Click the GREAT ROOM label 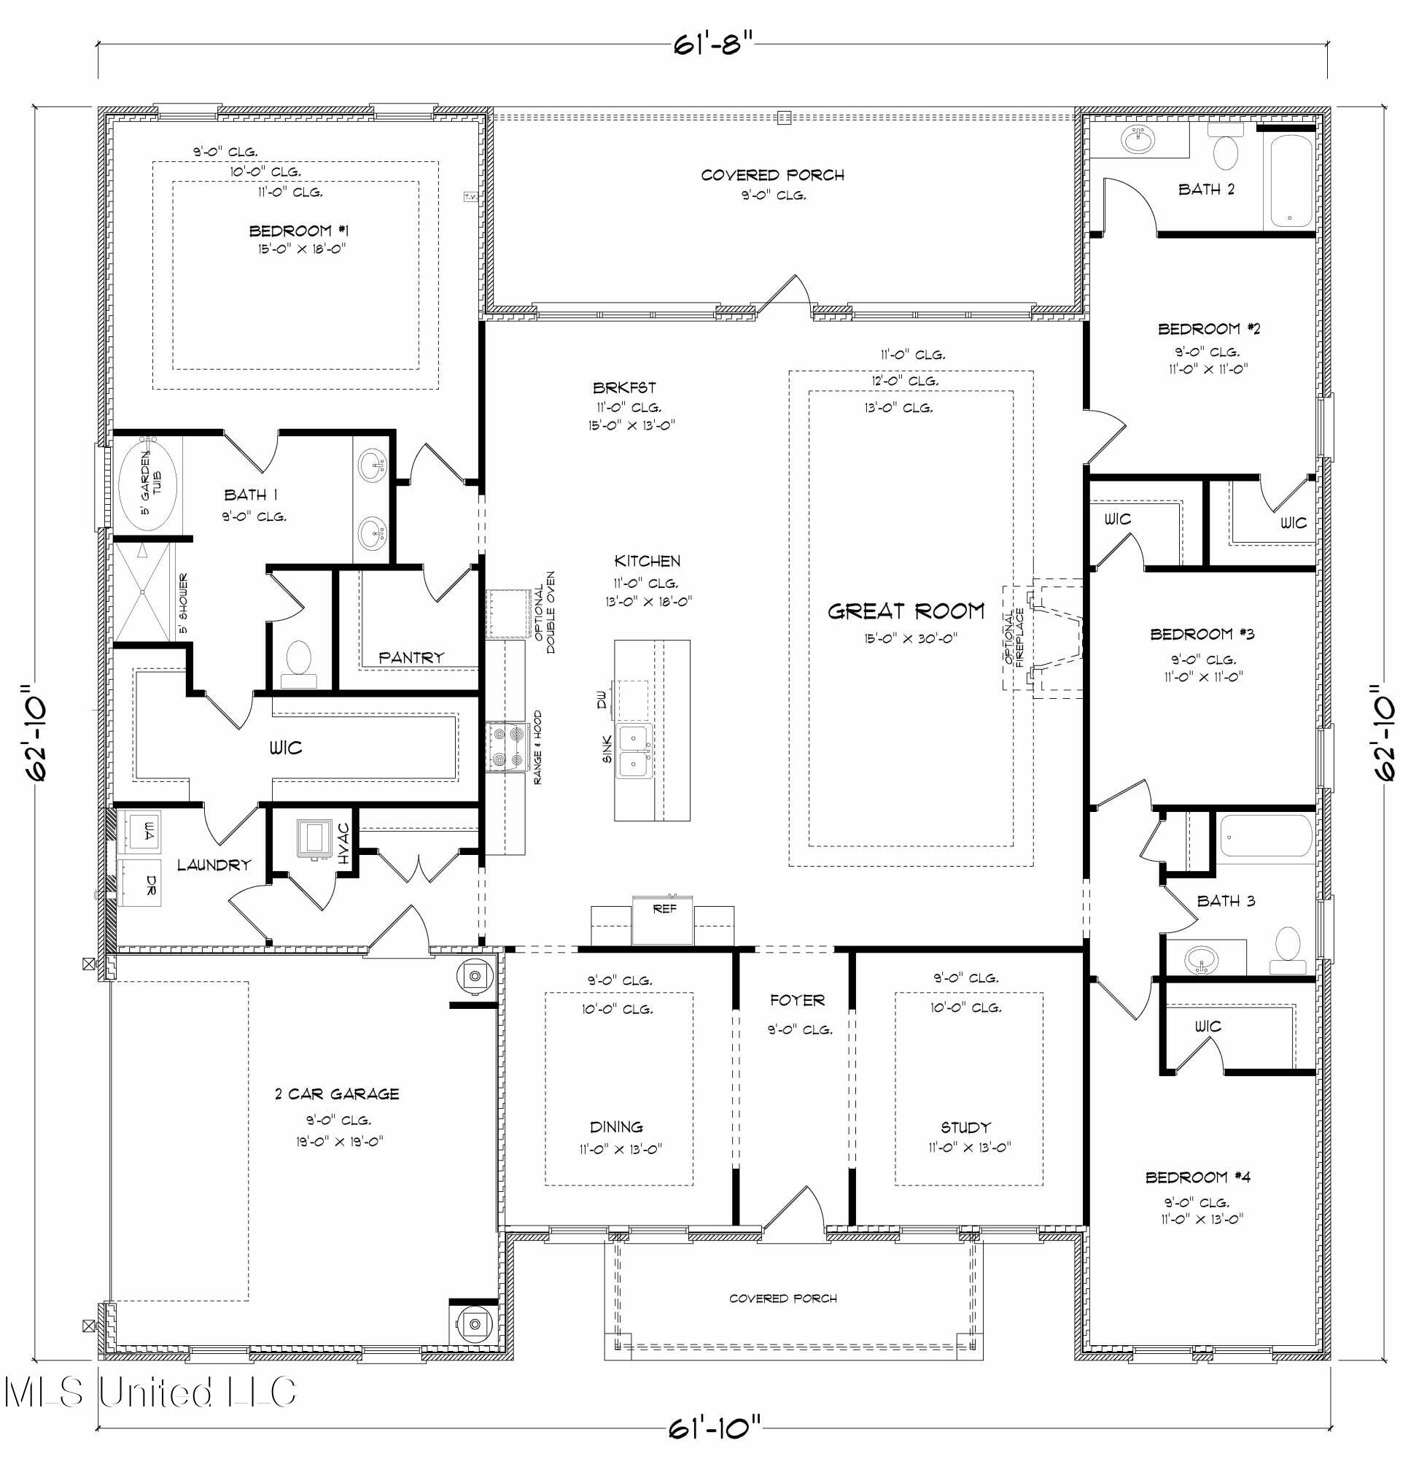point(906,611)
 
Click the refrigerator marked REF point(663,920)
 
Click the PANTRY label point(411,657)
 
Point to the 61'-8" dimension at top point(711,45)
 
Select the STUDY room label point(965,1127)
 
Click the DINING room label point(616,1126)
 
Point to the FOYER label point(797,1000)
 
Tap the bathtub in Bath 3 point(1266,837)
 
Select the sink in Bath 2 point(1140,140)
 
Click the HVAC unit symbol point(314,838)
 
